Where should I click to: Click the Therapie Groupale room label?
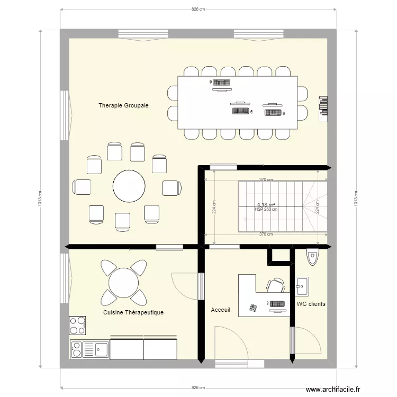(123, 105)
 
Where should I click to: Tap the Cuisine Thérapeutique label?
(133, 312)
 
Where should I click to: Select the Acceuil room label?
(220, 310)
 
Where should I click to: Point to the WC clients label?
(311, 304)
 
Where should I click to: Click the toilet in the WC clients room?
(312, 257)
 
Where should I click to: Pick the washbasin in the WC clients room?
(302, 286)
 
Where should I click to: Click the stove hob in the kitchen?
(77, 326)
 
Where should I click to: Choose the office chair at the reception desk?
(276, 286)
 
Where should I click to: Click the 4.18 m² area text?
(266, 205)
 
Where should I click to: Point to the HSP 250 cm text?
(266, 210)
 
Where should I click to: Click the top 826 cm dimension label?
(198, 9)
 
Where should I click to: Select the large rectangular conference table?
(237, 103)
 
